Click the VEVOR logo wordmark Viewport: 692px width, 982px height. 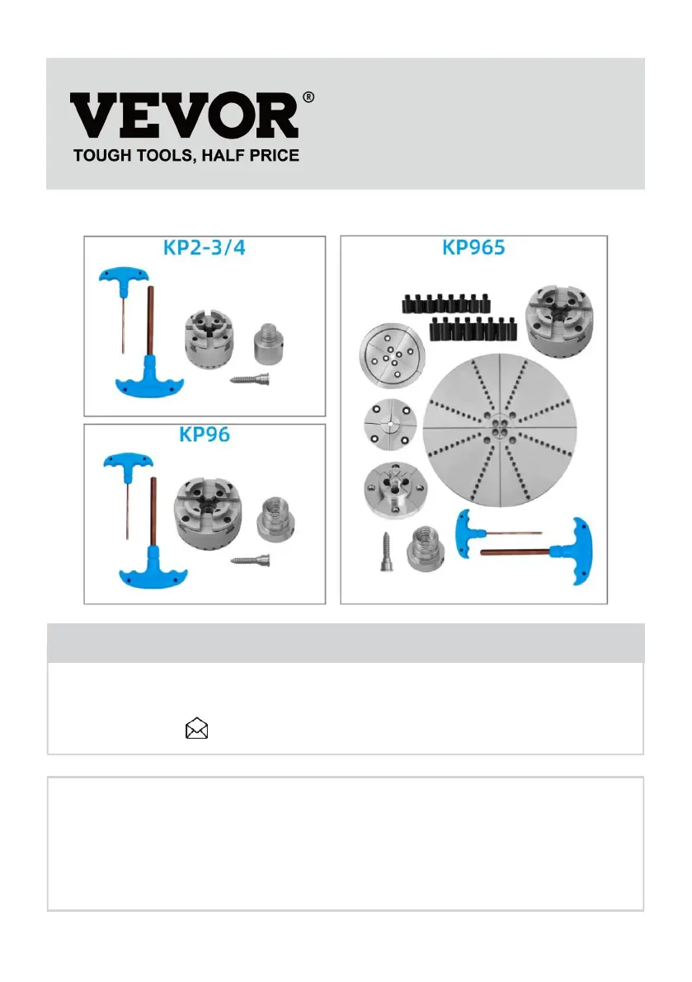(183, 116)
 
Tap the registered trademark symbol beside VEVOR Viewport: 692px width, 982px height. (308, 97)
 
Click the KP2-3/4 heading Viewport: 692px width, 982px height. (206, 248)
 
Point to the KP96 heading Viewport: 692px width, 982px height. (205, 435)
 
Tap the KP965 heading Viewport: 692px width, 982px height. (474, 248)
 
